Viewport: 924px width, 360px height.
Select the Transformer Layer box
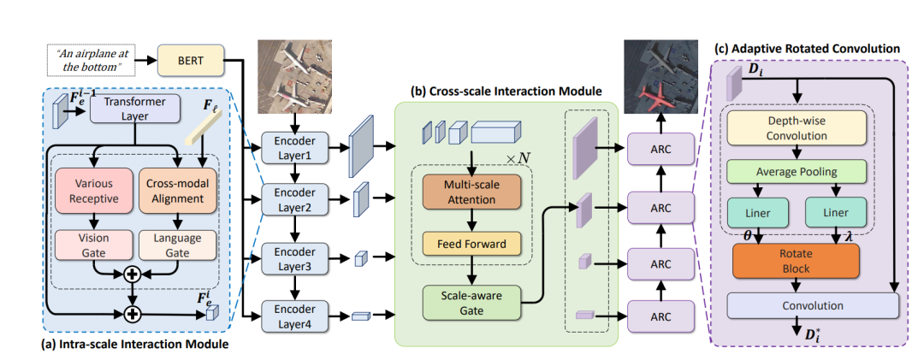click(x=134, y=109)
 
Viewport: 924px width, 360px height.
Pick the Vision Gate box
click(x=93, y=245)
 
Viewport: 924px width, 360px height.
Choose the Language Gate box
click(x=175, y=245)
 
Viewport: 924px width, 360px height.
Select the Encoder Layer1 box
click(x=293, y=145)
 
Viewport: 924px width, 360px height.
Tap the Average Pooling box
click(x=796, y=171)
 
